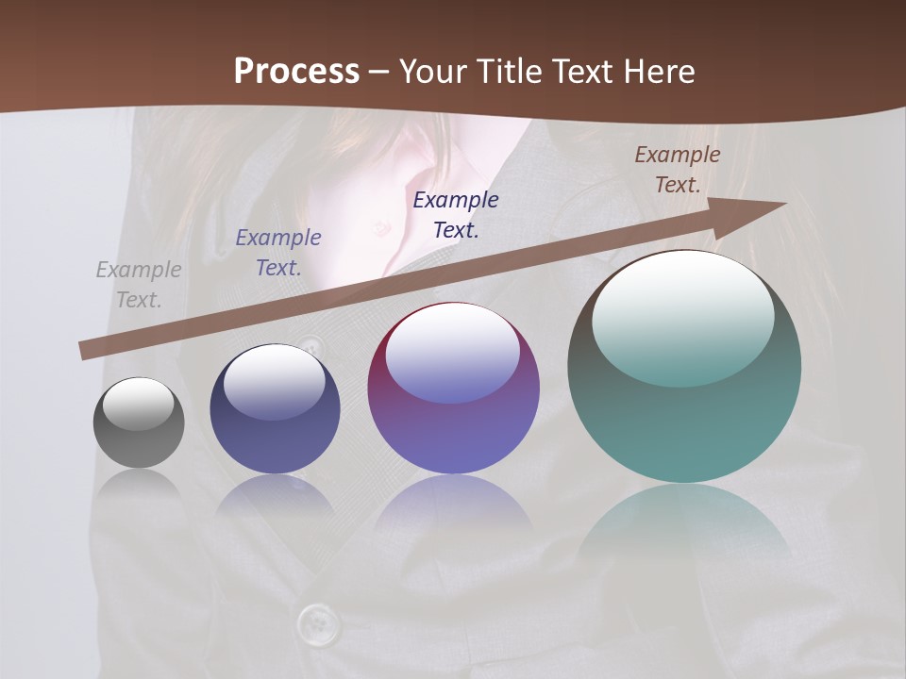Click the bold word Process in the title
click(x=296, y=72)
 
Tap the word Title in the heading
click(x=511, y=72)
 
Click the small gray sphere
click(x=139, y=439)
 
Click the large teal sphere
click(x=684, y=424)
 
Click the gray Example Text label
click(x=139, y=285)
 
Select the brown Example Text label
click(x=677, y=170)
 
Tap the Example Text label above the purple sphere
click(x=456, y=214)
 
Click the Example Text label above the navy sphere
click(x=278, y=253)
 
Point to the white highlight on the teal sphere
click(x=682, y=316)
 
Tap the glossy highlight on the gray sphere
click(x=139, y=404)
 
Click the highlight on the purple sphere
click(x=452, y=354)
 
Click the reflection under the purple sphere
click(x=453, y=509)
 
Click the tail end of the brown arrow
click(x=85, y=352)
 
